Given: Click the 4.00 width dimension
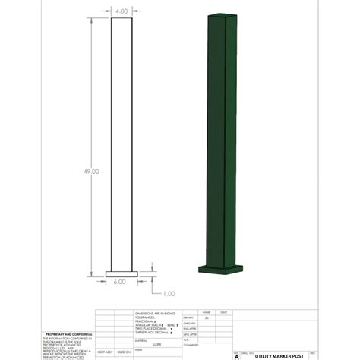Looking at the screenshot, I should tap(122, 11).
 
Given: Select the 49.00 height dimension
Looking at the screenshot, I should tap(91, 172).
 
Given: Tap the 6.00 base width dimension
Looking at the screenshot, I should tap(121, 281).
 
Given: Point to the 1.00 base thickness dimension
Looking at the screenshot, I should tap(169, 293).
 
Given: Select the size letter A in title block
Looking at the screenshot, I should tap(236, 355).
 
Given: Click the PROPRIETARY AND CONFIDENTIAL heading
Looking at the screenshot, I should tap(69, 334).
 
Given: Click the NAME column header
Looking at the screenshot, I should tap(205, 312).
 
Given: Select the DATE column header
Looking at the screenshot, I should tap(223, 312).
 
